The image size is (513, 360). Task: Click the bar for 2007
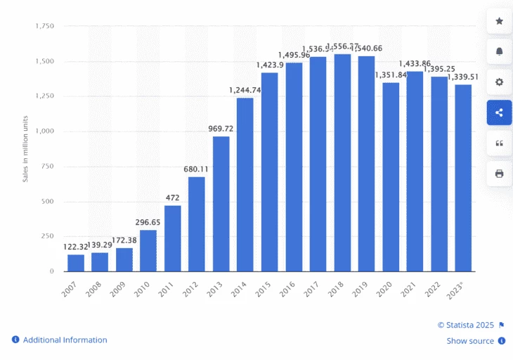pyautogui.click(x=76, y=262)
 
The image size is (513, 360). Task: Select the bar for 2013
pyautogui.click(x=221, y=203)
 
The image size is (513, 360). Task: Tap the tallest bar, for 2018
pyautogui.click(x=342, y=162)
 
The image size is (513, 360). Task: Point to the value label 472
pyautogui.click(x=173, y=198)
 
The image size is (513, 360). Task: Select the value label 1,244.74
pyautogui.click(x=245, y=91)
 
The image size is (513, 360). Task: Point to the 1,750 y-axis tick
pyautogui.click(x=44, y=26)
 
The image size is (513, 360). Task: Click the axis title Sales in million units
pyautogui.click(x=25, y=148)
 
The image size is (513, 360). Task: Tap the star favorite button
pyautogui.click(x=499, y=21)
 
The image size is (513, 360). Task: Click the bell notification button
pyautogui.click(x=499, y=51)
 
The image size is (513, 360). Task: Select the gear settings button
pyautogui.click(x=499, y=82)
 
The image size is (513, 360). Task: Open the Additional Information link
pyautogui.click(x=65, y=340)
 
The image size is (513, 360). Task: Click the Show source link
pyautogui.click(x=470, y=341)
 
